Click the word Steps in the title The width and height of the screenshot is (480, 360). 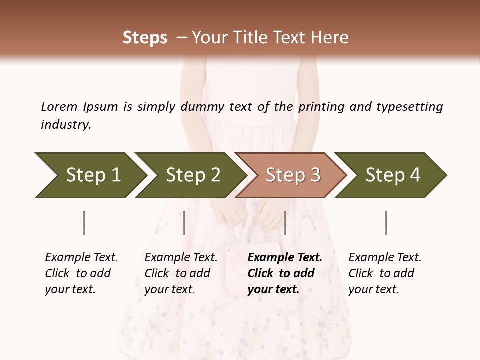point(145,38)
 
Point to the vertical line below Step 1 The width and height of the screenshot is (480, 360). point(84,223)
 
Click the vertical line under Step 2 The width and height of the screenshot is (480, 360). point(184,223)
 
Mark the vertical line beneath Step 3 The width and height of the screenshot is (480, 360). point(285,223)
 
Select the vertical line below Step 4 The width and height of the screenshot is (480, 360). point(386,223)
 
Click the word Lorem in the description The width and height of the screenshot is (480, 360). point(59,106)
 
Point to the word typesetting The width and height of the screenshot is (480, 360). point(409,106)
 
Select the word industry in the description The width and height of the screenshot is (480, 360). point(66,125)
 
